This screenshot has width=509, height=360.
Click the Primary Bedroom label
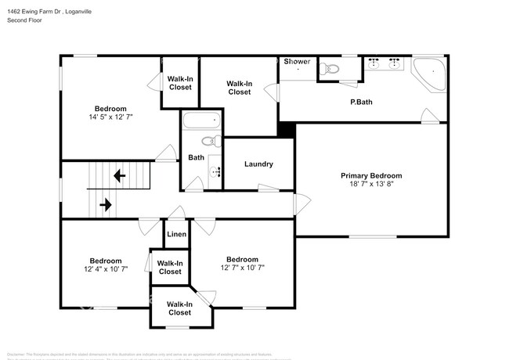tap(371, 176)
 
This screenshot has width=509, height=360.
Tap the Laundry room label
tap(258, 164)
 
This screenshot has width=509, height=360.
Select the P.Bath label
tap(360, 103)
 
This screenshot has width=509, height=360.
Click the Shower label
tap(297, 61)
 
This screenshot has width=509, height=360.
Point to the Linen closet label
tap(176, 234)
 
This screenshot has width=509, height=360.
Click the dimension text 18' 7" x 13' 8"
tap(371, 185)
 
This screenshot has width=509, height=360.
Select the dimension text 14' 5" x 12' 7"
tap(110, 118)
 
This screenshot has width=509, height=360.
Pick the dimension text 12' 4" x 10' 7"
tap(105, 270)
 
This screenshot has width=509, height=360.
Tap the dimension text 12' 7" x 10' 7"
tap(242, 268)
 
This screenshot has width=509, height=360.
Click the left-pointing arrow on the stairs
tap(119, 176)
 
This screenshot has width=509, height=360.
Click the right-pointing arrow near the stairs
tap(105, 205)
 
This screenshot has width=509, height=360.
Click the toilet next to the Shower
tap(330, 70)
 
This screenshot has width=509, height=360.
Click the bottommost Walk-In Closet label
tap(179, 308)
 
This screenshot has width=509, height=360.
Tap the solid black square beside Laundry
tap(287, 130)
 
